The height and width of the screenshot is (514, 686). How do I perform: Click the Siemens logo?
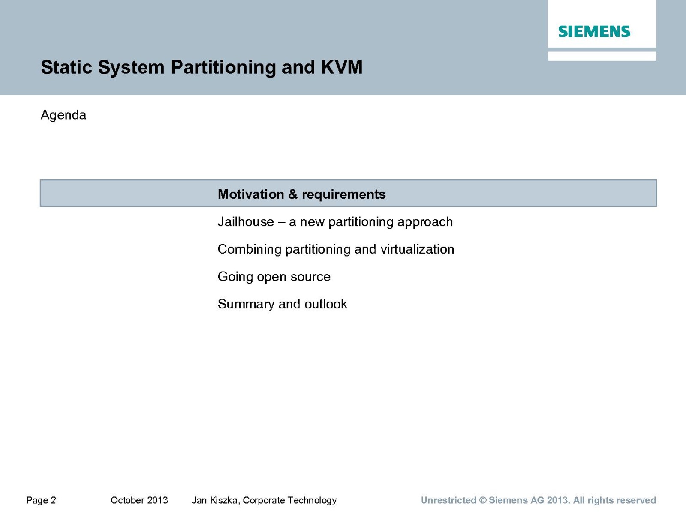click(x=594, y=32)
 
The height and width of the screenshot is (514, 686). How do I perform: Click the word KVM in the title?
click(x=342, y=67)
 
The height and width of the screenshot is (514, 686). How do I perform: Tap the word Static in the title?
click(x=66, y=67)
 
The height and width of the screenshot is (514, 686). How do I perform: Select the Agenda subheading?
click(x=63, y=115)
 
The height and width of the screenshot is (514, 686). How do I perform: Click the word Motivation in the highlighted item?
click(x=251, y=194)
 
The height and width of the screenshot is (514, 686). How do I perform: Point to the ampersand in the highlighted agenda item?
click(x=293, y=194)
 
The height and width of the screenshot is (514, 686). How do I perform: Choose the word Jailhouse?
click(x=246, y=222)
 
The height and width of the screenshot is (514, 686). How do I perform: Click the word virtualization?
click(x=417, y=249)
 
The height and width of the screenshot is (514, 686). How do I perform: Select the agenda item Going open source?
click(x=274, y=277)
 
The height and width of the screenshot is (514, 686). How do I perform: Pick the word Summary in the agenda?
click(x=246, y=304)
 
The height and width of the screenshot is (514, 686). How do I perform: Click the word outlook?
click(x=326, y=304)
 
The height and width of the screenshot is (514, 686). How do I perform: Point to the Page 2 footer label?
click(x=41, y=500)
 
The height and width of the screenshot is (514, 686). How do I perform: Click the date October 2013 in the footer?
click(x=139, y=500)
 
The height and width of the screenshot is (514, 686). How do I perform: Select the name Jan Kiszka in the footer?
click(x=216, y=500)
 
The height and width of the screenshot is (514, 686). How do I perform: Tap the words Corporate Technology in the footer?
click(x=290, y=500)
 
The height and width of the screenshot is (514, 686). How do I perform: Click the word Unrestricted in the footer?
click(x=448, y=500)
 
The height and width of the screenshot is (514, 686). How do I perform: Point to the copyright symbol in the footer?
click(x=482, y=500)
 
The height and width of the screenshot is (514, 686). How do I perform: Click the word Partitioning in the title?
click(x=223, y=67)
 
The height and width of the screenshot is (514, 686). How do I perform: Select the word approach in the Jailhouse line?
click(x=425, y=222)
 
